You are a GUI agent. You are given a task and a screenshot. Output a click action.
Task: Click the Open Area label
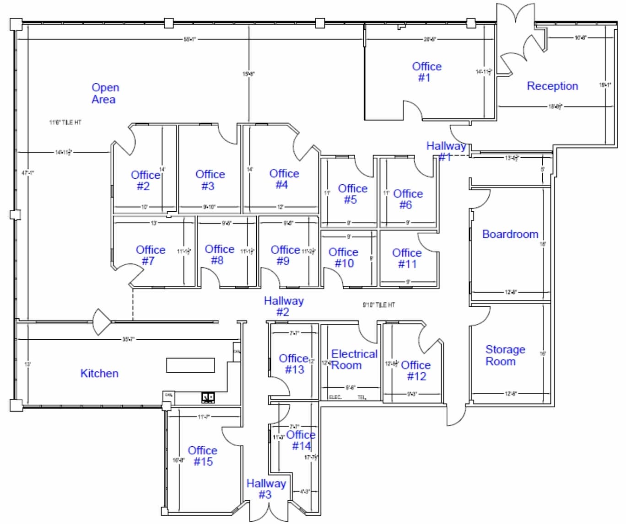(x=105, y=93)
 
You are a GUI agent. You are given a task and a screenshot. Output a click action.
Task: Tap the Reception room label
(x=552, y=86)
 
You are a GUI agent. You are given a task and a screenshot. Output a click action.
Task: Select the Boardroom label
(x=510, y=234)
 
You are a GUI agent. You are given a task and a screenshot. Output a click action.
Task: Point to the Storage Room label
(x=504, y=355)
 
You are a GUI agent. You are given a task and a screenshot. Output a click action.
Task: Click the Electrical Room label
(x=354, y=359)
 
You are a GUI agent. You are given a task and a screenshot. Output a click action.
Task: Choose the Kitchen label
(x=99, y=373)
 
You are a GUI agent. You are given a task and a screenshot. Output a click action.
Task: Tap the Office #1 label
(x=426, y=72)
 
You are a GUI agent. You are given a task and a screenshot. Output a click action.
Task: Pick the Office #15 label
(x=202, y=456)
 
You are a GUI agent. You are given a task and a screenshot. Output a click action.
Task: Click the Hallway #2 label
(x=283, y=306)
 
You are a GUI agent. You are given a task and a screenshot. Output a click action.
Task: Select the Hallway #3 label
(x=266, y=488)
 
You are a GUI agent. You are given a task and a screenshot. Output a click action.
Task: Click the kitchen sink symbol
(x=208, y=397)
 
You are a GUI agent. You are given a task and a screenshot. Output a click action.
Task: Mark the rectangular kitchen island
(x=190, y=365)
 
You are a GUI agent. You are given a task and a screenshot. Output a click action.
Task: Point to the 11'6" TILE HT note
(x=65, y=123)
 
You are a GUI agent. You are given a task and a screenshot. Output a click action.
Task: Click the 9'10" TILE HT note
(x=378, y=305)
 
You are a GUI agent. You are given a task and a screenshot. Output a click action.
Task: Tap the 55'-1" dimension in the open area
(x=189, y=39)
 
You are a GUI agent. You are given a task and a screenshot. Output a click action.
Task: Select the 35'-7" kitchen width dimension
(x=129, y=339)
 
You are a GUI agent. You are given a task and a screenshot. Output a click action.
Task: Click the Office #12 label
(x=416, y=370)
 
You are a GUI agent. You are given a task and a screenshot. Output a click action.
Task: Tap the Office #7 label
(x=150, y=255)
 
